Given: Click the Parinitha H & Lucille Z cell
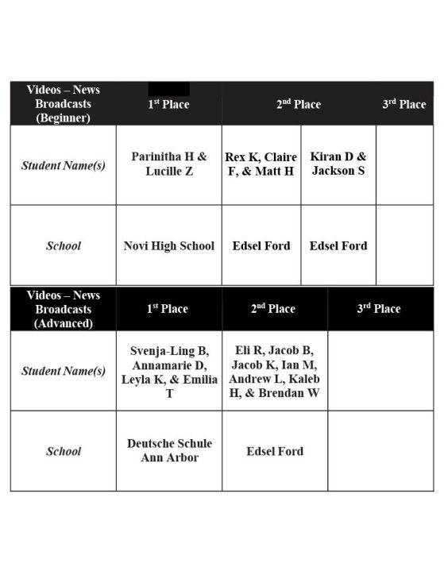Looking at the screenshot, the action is pos(168,164).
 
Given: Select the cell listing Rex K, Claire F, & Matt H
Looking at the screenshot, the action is pos(261,164).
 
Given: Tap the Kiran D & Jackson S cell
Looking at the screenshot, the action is pos(338,164).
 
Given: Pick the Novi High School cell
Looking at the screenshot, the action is pos(168,245).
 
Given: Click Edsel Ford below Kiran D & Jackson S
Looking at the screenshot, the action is pos(338,245).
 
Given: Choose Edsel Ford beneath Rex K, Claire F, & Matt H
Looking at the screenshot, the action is pos(261,245).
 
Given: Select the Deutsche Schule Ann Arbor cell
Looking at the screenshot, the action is pos(169,450).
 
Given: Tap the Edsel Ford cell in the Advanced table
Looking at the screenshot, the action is pos(275,451).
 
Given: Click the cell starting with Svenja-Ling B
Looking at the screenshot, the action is pos(169,371).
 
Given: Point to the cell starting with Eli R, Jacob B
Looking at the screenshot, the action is pos(275,371).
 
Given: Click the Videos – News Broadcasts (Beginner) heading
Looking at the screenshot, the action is pos(63,104).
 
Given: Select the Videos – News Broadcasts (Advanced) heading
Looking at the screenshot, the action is pos(63,309).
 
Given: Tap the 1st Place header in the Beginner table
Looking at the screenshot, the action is pos(168,105).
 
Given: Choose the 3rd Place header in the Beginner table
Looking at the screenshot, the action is pos(404,104).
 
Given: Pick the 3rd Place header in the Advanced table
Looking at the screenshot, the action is pos(379,309).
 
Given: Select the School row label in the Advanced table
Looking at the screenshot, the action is pos(63,451).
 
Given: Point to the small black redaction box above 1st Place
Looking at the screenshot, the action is pos(168,88).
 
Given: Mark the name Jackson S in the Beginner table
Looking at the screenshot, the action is pos(338,171).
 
